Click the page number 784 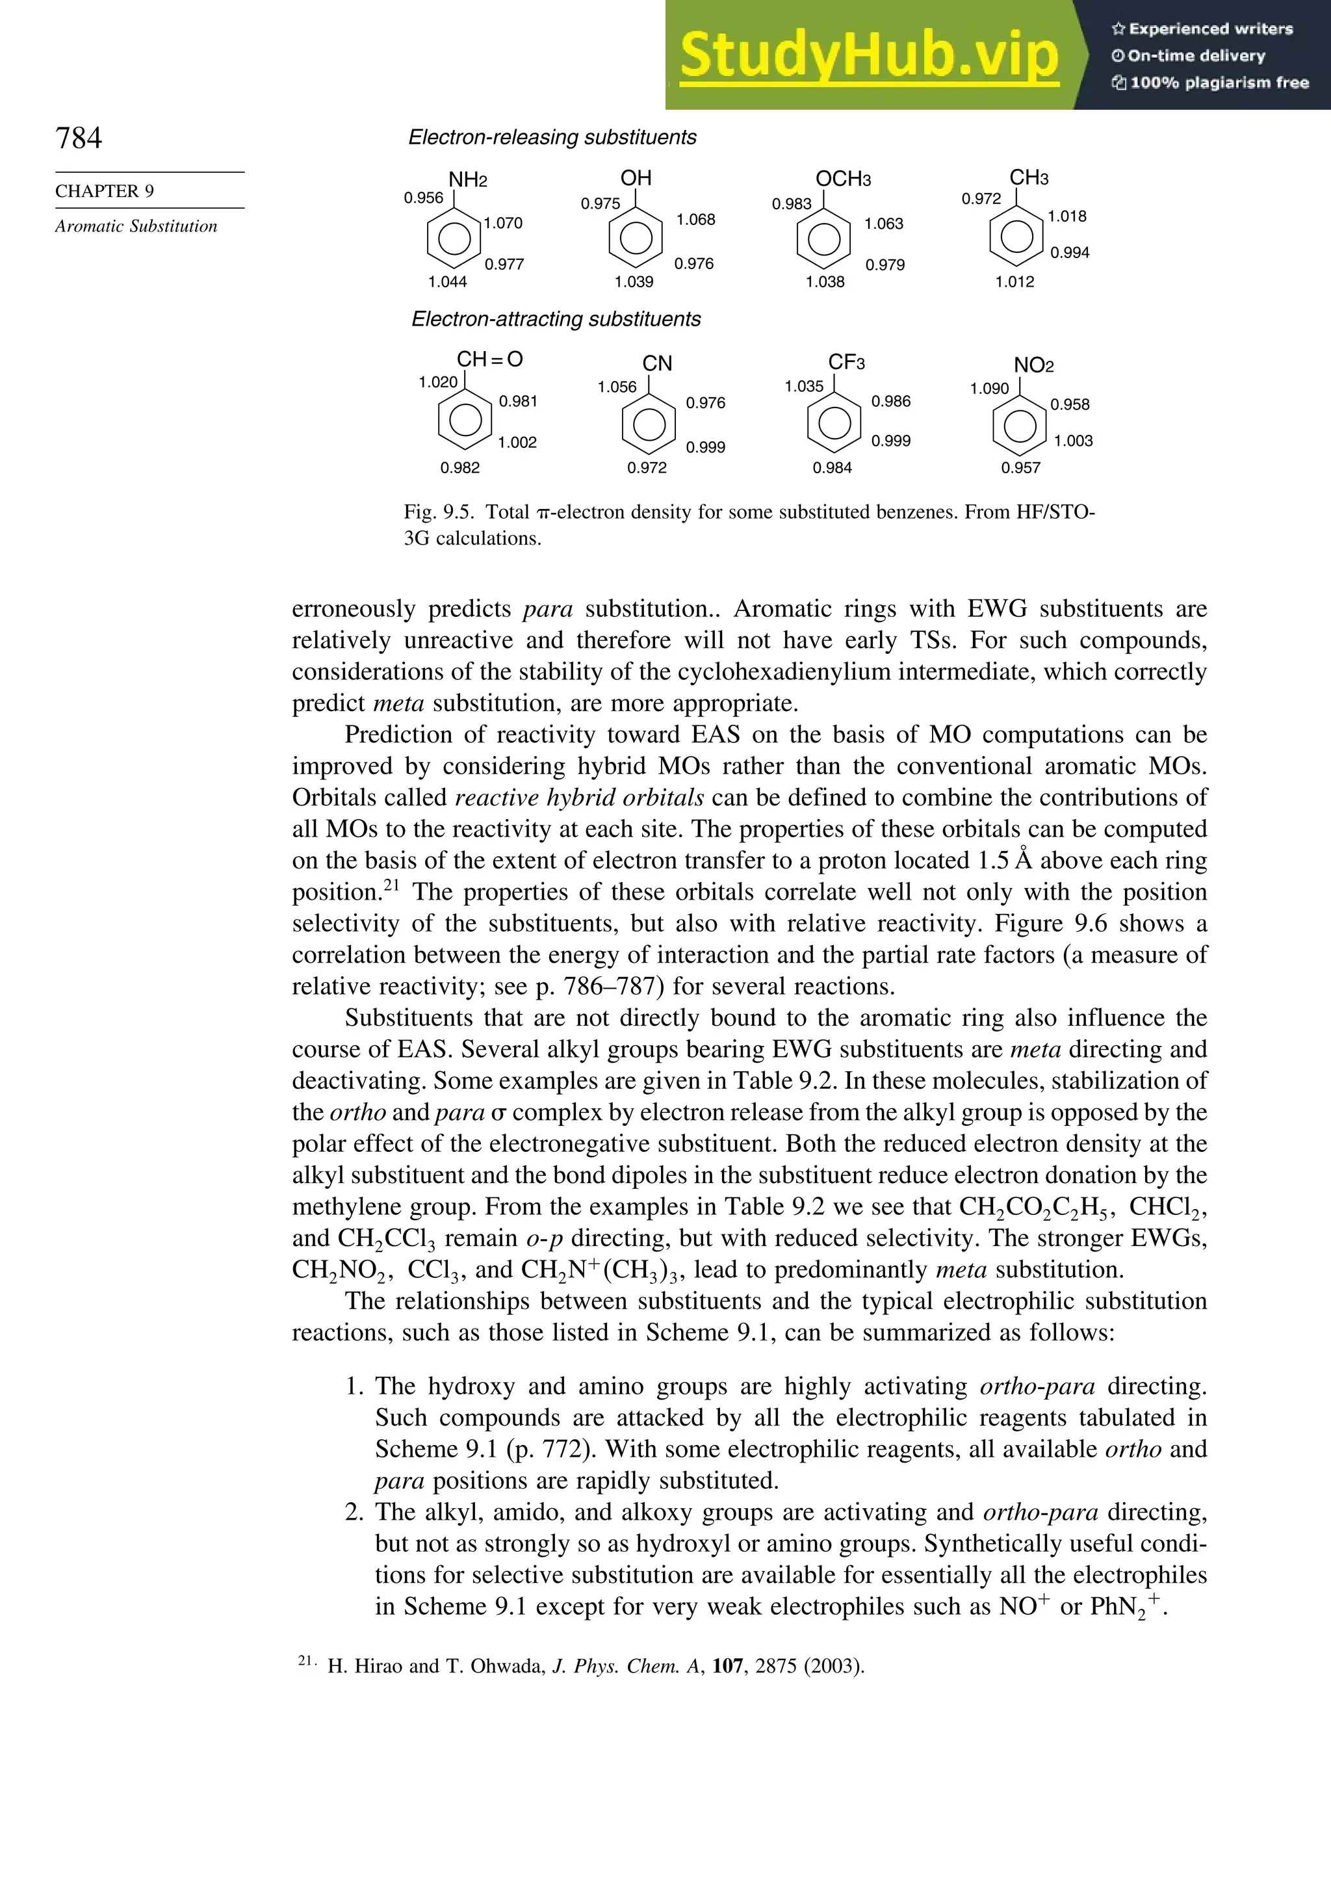[x=79, y=138]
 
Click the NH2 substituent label [x=467, y=180]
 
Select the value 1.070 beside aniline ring [x=504, y=223]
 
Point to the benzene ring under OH [x=635, y=238]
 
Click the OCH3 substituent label [x=843, y=179]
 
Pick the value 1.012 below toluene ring [x=1014, y=281]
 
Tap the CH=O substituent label [x=489, y=359]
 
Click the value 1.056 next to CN [x=617, y=387]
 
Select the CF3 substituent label [x=846, y=362]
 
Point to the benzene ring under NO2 [x=1020, y=426]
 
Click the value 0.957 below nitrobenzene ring [x=1020, y=467]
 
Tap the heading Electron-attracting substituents [x=556, y=320]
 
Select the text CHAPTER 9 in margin [x=105, y=191]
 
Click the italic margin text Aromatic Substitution [x=136, y=226]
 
